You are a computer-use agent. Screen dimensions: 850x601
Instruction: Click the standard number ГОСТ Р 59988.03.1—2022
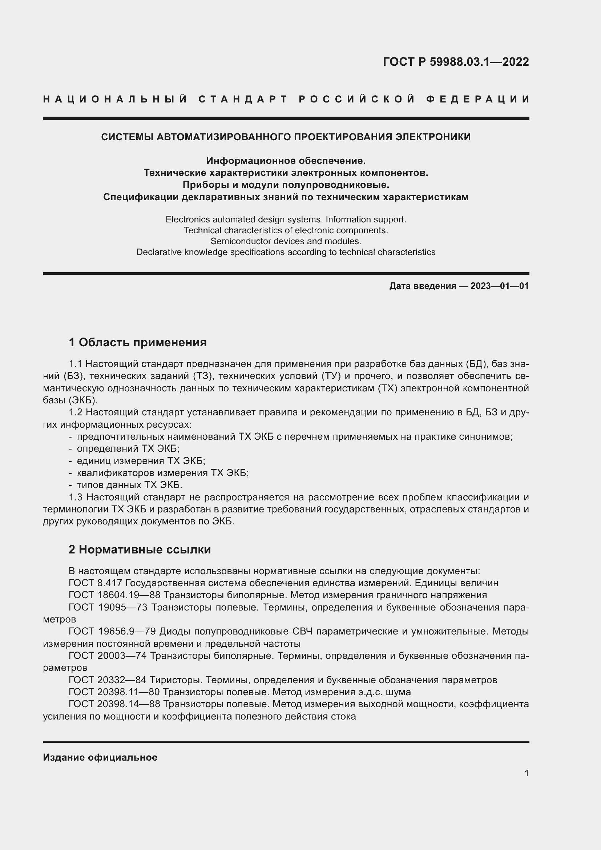coord(456,62)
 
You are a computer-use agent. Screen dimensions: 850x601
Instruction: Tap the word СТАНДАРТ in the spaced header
coord(243,99)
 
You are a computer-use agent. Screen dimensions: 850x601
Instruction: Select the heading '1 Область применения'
coord(138,342)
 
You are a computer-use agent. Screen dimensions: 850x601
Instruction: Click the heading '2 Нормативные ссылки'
coord(140,550)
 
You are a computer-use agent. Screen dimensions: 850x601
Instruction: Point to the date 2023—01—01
coord(500,286)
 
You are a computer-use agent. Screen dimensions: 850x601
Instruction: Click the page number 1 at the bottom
coord(527,773)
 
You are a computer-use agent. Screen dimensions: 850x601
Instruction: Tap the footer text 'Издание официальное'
coord(100,757)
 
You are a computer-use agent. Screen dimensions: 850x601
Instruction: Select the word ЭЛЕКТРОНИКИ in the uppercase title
coord(433,137)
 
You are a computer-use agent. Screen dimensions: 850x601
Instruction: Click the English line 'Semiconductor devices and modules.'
coord(286,241)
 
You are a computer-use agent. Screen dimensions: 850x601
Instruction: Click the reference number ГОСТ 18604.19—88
coord(114,595)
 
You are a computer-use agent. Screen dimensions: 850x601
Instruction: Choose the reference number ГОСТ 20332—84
coord(108,680)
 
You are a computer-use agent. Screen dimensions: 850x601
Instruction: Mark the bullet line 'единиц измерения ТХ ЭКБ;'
coord(141,461)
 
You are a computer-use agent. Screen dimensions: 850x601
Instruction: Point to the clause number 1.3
coord(76,497)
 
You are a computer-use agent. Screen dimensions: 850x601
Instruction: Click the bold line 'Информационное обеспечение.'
coord(286,161)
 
